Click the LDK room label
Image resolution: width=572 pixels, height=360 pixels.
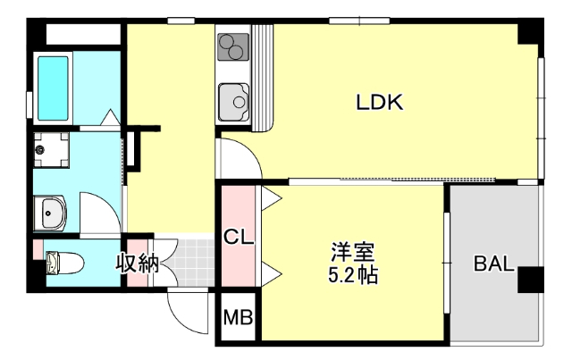click(380, 103)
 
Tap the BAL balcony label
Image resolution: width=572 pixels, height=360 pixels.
click(492, 264)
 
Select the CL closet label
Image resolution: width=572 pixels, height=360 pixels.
click(239, 238)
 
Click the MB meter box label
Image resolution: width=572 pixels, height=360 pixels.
click(238, 317)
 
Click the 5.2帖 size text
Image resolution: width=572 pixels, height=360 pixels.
click(352, 275)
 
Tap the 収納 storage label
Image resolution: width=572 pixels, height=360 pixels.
click(137, 264)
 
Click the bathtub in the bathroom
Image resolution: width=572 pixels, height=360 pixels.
click(55, 88)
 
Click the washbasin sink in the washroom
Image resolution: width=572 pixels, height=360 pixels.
click(51, 213)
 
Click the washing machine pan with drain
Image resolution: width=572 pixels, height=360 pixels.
click(50, 150)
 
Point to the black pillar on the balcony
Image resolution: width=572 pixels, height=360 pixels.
click(529, 280)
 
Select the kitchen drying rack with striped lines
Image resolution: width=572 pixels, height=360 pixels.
click(264, 76)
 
